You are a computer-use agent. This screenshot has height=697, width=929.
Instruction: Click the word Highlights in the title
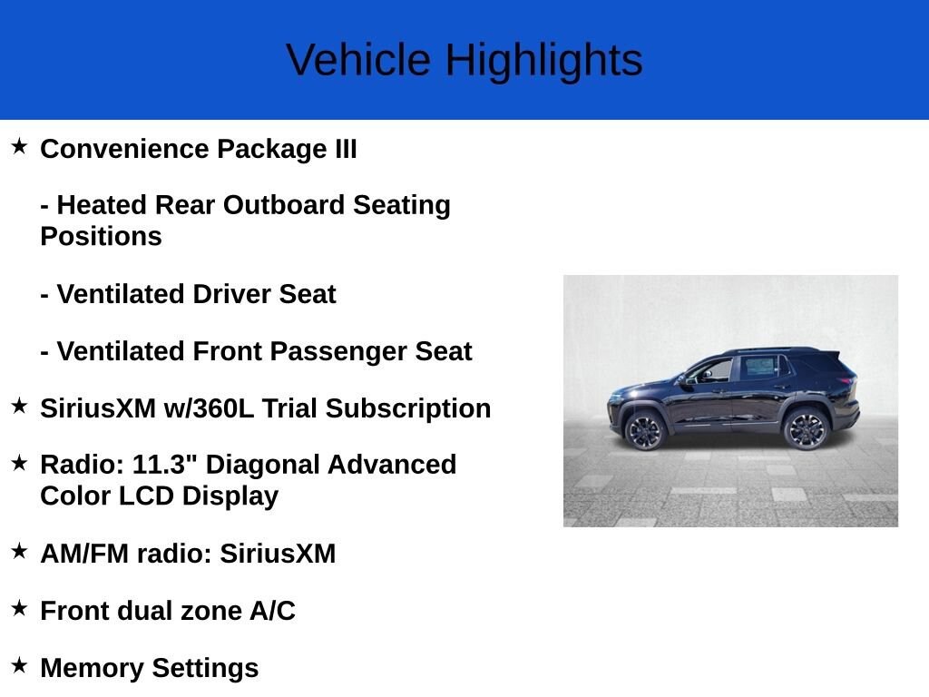(543, 61)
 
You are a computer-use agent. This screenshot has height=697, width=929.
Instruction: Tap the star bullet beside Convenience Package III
(19, 147)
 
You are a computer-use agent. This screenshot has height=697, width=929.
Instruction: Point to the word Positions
(101, 236)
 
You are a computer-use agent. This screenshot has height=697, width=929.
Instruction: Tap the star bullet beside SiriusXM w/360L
(19, 407)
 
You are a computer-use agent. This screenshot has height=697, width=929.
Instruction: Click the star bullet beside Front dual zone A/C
(19, 609)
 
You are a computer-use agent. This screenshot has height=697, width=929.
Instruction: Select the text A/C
(272, 611)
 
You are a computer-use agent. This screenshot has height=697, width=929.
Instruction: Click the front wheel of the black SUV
(645, 429)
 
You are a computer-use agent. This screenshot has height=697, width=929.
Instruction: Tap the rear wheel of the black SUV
(805, 429)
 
